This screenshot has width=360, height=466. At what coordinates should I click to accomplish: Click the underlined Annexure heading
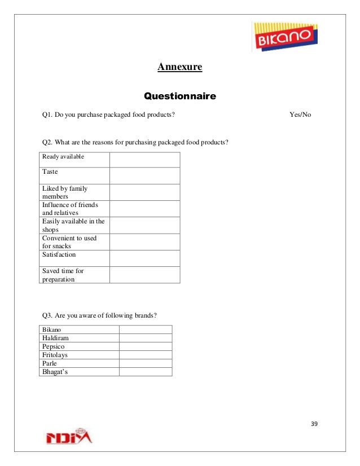pyautogui.click(x=179, y=68)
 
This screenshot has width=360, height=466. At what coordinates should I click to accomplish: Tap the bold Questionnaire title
pyautogui.click(x=180, y=96)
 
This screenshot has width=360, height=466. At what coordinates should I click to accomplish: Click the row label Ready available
pyautogui.click(x=63, y=156)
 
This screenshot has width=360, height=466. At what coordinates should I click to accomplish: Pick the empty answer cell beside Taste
pyautogui.click(x=144, y=175)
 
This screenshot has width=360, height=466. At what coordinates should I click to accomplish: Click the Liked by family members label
pyautogui.click(x=65, y=192)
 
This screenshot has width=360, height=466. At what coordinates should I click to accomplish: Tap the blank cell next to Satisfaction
pyautogui.click(x=144, y=258)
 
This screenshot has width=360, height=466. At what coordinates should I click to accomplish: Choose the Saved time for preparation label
pyautogui.click(x=63, y=275)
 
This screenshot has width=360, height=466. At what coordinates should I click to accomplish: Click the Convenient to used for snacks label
pyautogui.click(x=69, y=242)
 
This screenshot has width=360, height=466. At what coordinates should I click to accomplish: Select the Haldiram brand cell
pyautogui.click(x=55, y=338)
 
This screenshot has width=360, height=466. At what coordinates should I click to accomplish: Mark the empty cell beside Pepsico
pyautogui.click(x=145, y=346)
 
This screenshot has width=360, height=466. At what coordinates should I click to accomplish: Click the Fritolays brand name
pyautogui.click(x=55, y=355)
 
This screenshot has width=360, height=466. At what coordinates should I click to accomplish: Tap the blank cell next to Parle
pyautogui.click(x=145, y=363)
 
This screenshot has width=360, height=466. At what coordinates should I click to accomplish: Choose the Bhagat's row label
pyautogui.click(x=55, y=372)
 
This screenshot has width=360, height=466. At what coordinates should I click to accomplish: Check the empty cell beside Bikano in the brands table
pyautogui.click(x=145, y=329)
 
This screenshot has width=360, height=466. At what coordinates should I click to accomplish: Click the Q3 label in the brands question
pyautogui.click(x=47, y=315)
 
